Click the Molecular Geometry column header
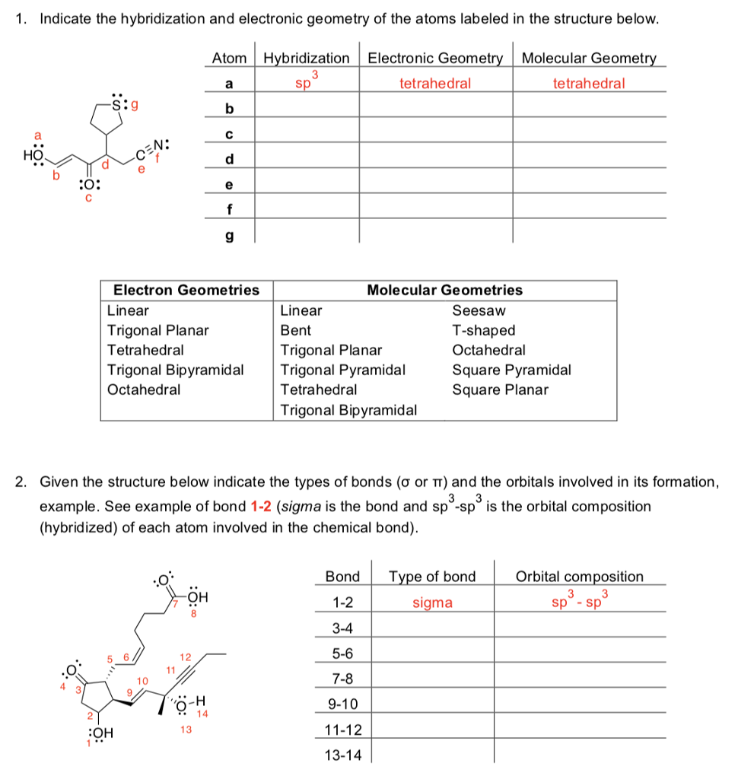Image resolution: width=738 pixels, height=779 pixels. (589, 59)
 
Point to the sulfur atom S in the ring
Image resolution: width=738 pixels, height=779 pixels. (116, 103)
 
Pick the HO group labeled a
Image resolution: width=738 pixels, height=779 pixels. (35, 156)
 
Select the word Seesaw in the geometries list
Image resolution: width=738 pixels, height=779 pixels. (479, 310)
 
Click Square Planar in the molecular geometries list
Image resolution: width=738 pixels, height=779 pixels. (500, 389)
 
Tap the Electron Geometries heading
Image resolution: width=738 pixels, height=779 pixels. (186, 290)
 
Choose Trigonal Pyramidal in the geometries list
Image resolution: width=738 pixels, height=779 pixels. (342, 370)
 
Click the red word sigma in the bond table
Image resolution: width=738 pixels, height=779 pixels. (432, 603)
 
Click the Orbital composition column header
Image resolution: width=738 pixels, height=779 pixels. (579, 577)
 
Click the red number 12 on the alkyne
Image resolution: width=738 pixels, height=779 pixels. (183, 655)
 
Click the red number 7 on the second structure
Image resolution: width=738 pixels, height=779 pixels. (173, 602)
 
